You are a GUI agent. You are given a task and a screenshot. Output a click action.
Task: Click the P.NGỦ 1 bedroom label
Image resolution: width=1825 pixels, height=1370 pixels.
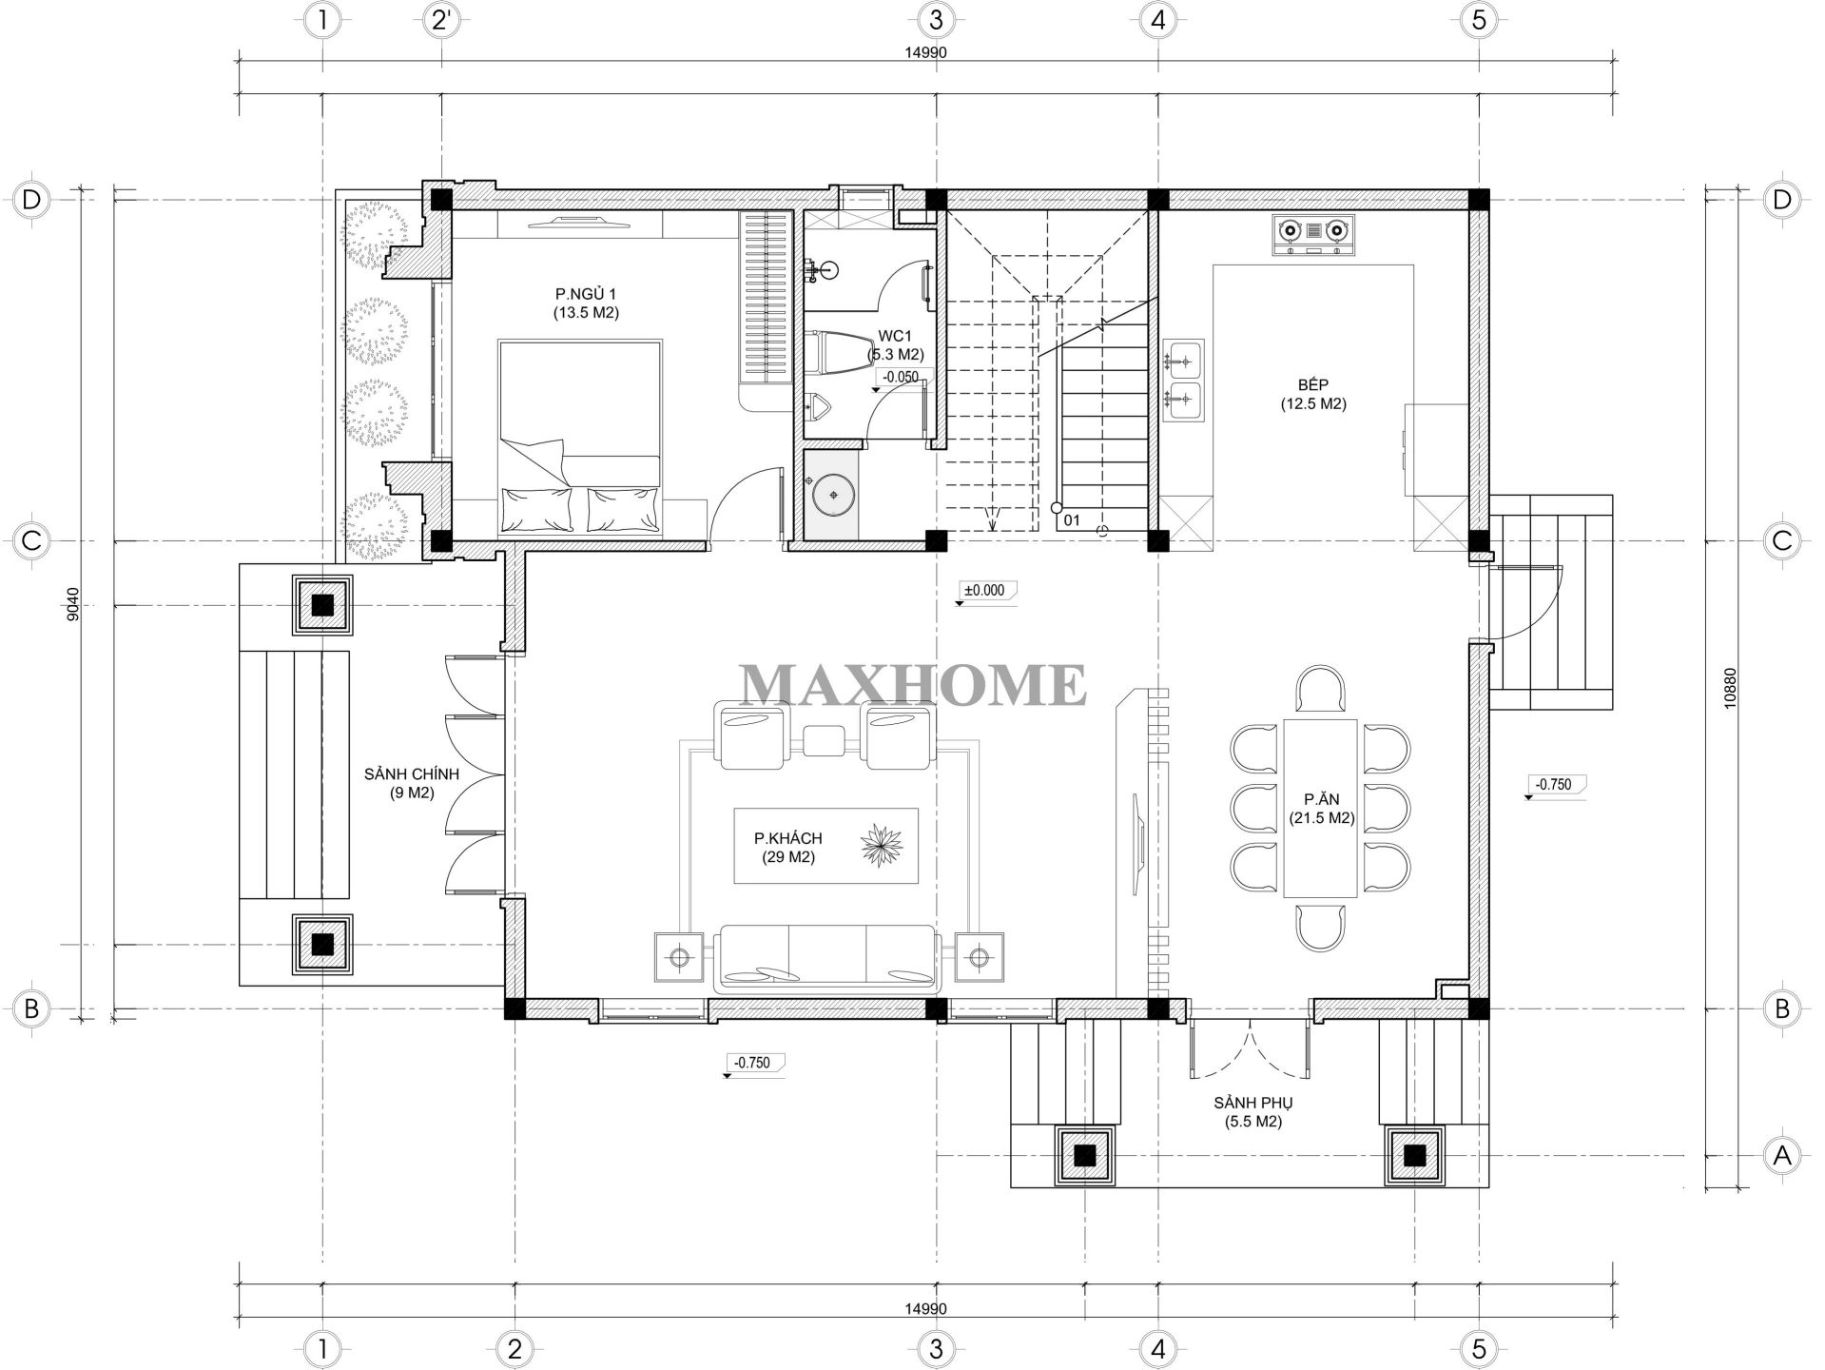tap(586, 303)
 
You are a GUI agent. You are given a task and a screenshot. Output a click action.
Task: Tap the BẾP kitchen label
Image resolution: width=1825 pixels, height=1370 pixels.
tap(1312, 394)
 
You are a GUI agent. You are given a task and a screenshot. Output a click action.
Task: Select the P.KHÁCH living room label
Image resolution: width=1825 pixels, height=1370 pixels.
tap(787, 847)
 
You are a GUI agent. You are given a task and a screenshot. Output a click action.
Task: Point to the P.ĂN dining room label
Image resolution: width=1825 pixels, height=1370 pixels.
tap(1322, 809)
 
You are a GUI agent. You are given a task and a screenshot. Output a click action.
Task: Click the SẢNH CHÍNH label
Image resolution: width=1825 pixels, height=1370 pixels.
tap(411, 783)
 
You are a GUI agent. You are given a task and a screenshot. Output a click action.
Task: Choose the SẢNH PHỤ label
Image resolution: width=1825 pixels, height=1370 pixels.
tap(1252, 1112)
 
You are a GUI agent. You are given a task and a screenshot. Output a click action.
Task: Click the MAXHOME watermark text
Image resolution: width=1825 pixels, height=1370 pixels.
tap(913, 685)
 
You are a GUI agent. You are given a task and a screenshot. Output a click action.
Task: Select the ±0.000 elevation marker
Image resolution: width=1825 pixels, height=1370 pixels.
tap(985, 592)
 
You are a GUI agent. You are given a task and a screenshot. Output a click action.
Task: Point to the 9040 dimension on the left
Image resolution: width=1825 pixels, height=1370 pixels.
tap(74, 604)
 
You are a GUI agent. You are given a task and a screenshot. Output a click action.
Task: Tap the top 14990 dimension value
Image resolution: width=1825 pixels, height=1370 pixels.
tap(926, 53)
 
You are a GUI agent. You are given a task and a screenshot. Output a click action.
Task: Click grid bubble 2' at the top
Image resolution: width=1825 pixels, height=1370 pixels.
tap(440, 20)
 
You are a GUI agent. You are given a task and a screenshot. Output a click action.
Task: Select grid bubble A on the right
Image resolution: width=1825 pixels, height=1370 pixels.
tap(1781, 1155)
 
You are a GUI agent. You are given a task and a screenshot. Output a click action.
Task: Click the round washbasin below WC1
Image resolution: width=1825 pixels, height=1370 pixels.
tap(833, 494)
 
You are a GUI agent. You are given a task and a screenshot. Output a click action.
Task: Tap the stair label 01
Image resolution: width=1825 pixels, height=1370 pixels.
tap(1072, 520)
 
